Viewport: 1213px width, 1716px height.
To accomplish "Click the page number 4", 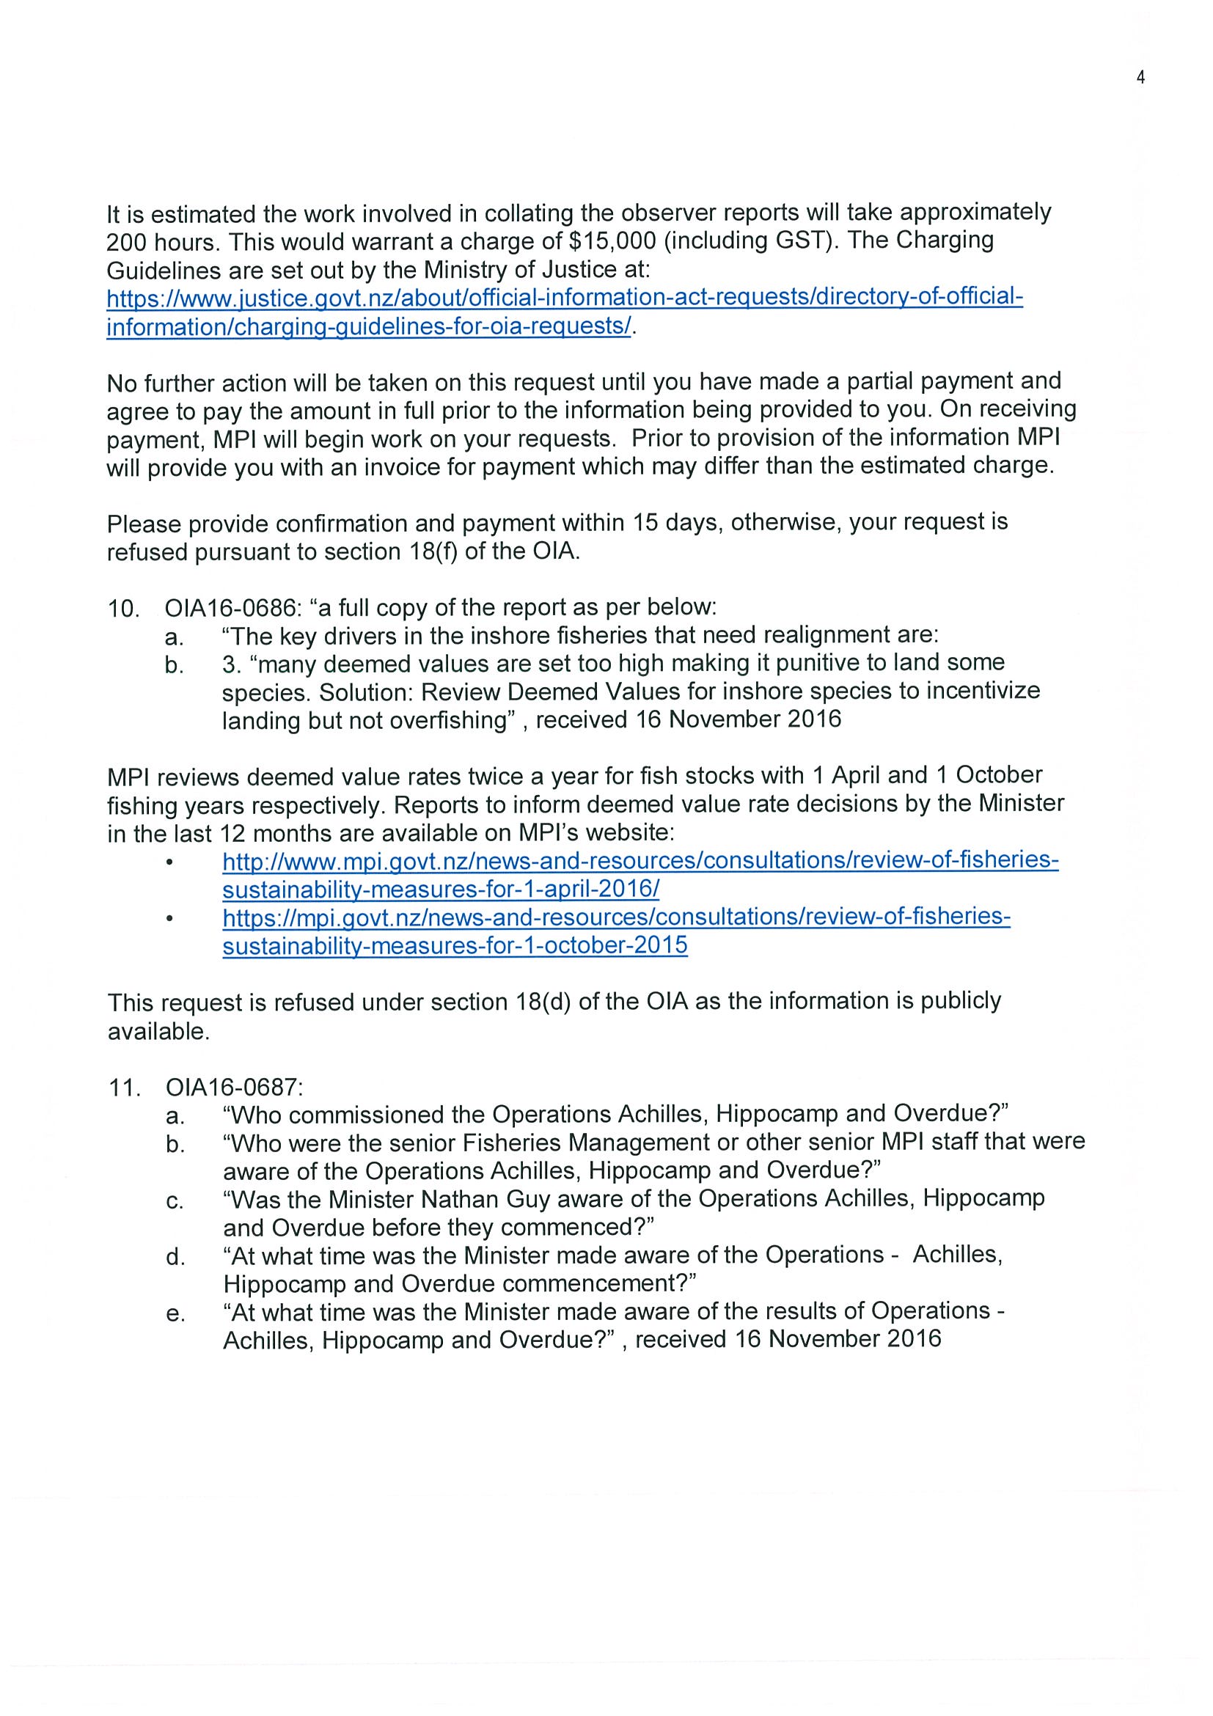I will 1140,78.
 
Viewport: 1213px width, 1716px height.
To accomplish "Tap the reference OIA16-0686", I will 227,608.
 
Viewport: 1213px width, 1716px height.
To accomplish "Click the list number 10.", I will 123,609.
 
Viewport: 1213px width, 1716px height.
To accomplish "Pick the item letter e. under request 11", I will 175,1313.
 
